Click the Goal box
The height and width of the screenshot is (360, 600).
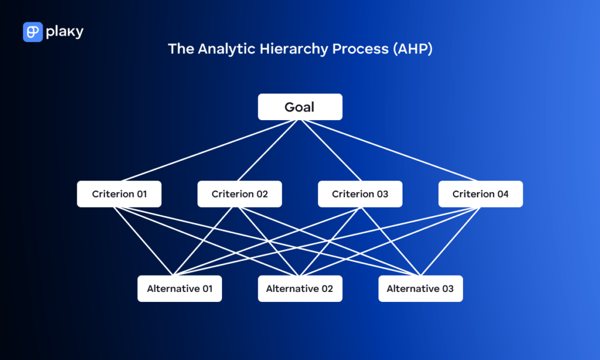(x=300, y=107)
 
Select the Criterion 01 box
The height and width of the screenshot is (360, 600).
(x=119, y=194)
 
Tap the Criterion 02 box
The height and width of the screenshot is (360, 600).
(x=240, y=194)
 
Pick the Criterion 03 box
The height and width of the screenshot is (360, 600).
(x=360, y=194)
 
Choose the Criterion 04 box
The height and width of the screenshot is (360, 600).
(x=480, y=194)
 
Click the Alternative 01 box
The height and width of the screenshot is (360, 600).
(x=179, y=288)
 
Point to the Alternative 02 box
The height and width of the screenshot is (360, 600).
(x=299, y=288)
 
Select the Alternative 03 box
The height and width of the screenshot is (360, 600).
(x=420, y=288)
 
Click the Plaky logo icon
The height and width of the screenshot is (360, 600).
(x=32, y=32)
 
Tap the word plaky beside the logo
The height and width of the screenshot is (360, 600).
(x=64, y=32)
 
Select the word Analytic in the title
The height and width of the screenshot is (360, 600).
(x=223, y=49)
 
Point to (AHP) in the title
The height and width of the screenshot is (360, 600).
(x=412, y=49)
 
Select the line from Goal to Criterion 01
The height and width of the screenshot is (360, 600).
(x=211, y=150)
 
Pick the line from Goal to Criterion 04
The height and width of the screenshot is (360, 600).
(x=390, y=150)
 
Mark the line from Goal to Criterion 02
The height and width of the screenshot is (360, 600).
(x=271, y=150)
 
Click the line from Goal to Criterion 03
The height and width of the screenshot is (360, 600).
(x=330, y=150)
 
